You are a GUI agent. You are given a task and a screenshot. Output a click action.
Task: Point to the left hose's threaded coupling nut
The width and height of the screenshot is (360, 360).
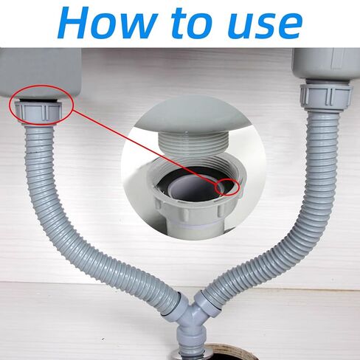(x=38, y=112)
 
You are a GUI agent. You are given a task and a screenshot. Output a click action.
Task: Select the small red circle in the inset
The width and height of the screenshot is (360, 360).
(x=226, y=187)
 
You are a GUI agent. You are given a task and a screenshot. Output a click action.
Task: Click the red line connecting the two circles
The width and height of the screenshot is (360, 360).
(x=145, y=148)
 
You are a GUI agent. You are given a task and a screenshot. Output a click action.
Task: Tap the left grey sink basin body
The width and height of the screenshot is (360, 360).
(x=40, y=72)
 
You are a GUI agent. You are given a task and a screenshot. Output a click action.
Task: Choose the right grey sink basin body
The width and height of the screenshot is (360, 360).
(x=326, y=63)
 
